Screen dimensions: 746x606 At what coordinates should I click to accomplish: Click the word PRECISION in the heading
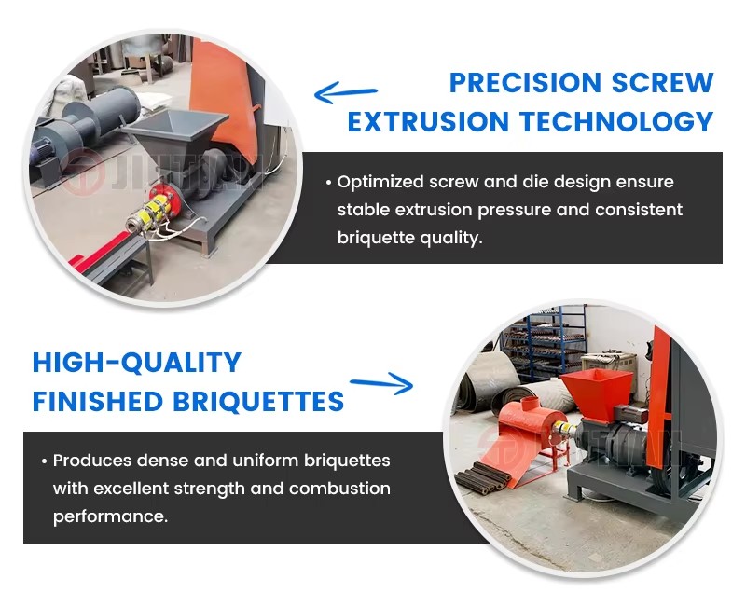tap(526, 83)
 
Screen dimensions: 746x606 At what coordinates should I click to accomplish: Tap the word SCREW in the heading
tap(663, 83)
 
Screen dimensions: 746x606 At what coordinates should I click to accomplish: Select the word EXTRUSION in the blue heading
tap(428, 121)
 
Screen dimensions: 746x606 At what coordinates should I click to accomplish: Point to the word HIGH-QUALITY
tap(137, 363)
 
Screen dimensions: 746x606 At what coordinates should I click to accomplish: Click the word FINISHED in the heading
tap(98, 401)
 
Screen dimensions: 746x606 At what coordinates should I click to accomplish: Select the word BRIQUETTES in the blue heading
tap(258, 401)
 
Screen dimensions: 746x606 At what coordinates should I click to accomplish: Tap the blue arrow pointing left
tap(345, 92)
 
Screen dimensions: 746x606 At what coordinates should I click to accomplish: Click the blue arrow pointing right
tap(381, 383)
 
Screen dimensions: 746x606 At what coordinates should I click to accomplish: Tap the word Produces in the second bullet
tap(92, 461)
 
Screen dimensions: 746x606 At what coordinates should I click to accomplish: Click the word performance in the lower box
tap(110, 516)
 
